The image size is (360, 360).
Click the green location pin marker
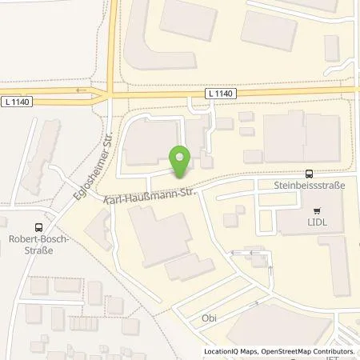coord(181,162)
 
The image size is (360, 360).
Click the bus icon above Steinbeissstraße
coord(308,173)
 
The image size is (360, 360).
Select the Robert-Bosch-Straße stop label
coord(39,243)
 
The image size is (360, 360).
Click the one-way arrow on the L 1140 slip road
coord(80,90)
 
